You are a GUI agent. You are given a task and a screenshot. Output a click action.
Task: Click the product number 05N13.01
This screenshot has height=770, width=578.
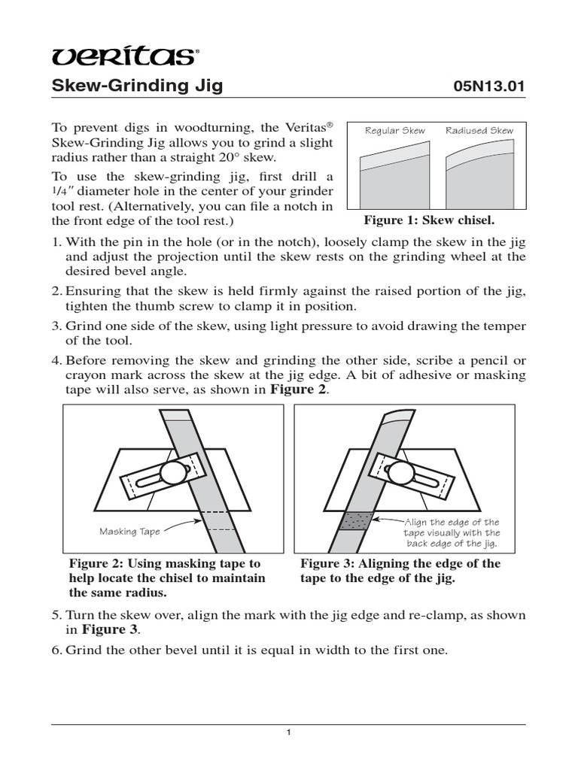tap(486, 86)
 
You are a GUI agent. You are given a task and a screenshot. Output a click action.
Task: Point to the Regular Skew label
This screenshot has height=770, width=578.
tap(394, 131)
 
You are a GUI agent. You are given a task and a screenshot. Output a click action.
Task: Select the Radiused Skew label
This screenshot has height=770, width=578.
tap(479, 131)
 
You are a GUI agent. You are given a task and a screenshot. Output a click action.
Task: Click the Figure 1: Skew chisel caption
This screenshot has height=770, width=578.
tap(429, 220)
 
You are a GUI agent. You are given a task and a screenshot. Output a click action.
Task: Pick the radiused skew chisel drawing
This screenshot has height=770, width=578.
tap(479, 177)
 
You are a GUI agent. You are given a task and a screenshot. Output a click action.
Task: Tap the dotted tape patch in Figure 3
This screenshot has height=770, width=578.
tap(354, 520)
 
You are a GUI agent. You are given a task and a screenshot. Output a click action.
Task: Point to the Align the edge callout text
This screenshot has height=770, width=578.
tap(452, 532)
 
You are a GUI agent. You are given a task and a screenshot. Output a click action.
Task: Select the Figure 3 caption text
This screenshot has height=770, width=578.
tap(400, 571)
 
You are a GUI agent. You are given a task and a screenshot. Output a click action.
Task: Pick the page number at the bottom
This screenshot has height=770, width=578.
tap(289, 734)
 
